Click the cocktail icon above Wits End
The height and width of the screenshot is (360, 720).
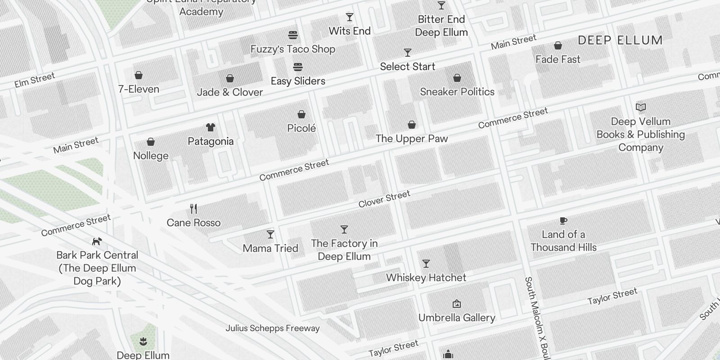point(350,18)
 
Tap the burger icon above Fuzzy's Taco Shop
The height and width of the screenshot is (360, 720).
point(293,35)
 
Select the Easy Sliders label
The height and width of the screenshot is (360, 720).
point(298,81)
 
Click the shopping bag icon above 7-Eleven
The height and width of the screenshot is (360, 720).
point(139,75)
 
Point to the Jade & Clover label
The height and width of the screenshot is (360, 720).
point(230,92)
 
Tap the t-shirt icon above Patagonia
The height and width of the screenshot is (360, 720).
point(211,127)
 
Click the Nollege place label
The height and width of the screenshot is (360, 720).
point(151,156)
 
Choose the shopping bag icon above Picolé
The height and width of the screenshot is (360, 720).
point(301,115)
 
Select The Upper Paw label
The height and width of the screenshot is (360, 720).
point(412,139)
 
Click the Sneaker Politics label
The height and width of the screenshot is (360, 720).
point(457,92)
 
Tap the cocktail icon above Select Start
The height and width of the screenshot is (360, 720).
point(408,53)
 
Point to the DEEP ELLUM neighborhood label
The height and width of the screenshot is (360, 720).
point(620,40)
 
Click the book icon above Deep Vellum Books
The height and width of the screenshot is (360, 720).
point(641,108)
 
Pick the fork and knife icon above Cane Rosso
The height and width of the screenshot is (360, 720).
point(193,209)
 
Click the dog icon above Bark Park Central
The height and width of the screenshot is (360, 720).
point(97,242)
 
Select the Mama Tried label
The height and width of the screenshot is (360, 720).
point(270,248)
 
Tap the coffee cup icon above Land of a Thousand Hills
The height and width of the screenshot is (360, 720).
point(563,220)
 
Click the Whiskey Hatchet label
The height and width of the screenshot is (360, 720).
point(426,278)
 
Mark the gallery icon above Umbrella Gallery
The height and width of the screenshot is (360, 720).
point(457,304)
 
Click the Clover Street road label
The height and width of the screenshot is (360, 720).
point(384,198)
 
